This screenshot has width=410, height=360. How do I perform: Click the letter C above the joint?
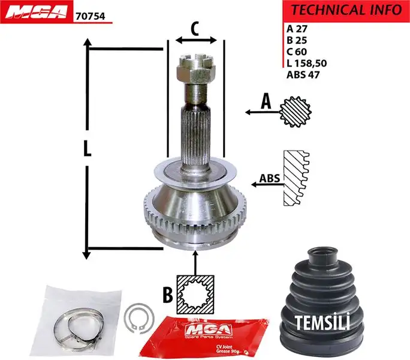[x=195, y=28]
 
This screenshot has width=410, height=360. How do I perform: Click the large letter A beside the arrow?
[x=266, y=103]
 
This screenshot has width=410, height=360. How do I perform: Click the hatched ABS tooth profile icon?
[x=296, y=178]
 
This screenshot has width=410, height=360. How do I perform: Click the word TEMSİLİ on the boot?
[x=321, y=323]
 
